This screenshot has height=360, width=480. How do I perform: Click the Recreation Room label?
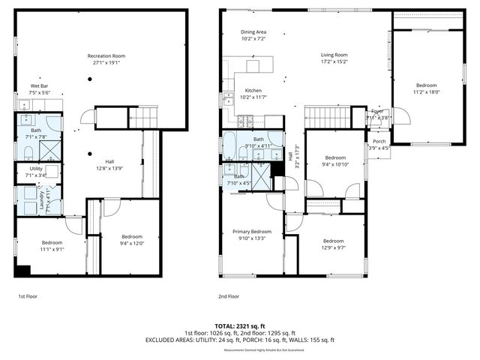click(x=106, y=56)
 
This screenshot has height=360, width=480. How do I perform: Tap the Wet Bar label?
click(x=40, y=86)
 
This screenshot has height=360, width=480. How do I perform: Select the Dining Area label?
click(x=253, y=32)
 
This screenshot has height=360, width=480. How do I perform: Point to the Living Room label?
click(x=334, y=55)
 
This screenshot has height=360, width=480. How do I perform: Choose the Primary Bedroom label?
click(x=251, y=232)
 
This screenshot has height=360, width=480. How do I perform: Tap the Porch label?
click(x=379, y=141)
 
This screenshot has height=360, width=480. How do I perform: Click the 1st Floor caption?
click(x=28, y=297)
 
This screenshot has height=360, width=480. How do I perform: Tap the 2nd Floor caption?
click(x=229, y=297)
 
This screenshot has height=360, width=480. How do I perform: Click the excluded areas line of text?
click(x=239, y=340)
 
